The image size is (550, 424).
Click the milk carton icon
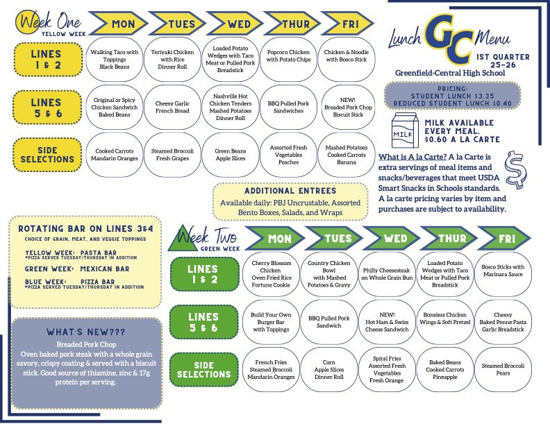pyautogui.click(x=405, y=130)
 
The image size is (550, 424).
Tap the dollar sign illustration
pyautogui.click(x=515, y=169)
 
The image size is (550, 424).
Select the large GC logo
pyautogui.click(x=449, y=39)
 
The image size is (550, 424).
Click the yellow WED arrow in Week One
pyautogui.click(x=234, y=24)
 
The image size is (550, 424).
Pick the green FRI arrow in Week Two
pyautogui.click(x=503, y=239)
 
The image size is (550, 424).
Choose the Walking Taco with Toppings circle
pyautogui.click(x=115, y=59)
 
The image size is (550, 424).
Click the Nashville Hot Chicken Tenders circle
pyautogui.click(x=231, y=108)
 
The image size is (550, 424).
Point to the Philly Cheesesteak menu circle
pyautogui.click(x=387, y=274)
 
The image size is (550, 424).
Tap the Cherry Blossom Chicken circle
pyautogui.click(x=271, y=274)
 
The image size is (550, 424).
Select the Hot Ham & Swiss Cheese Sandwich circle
pyautogui.click(x=387, y=322)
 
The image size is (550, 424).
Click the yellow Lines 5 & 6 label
pyautogui.click(x=47, y=108)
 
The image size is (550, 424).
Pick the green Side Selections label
pyautogui.click(x=203, y=370)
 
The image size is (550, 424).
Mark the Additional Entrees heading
pyautogui.click(x=290, y=191)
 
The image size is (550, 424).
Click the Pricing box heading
pyautogui.click(x=453, y=89)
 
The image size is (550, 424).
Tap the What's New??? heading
pyautogui.click(x=86, y=332)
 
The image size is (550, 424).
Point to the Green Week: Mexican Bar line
pyautogui.click(x=77, y=269)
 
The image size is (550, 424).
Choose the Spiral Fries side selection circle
pyautogui.click(x=387, y=369)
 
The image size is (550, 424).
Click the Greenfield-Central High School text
pyautogui.click(x=450, y=73)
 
